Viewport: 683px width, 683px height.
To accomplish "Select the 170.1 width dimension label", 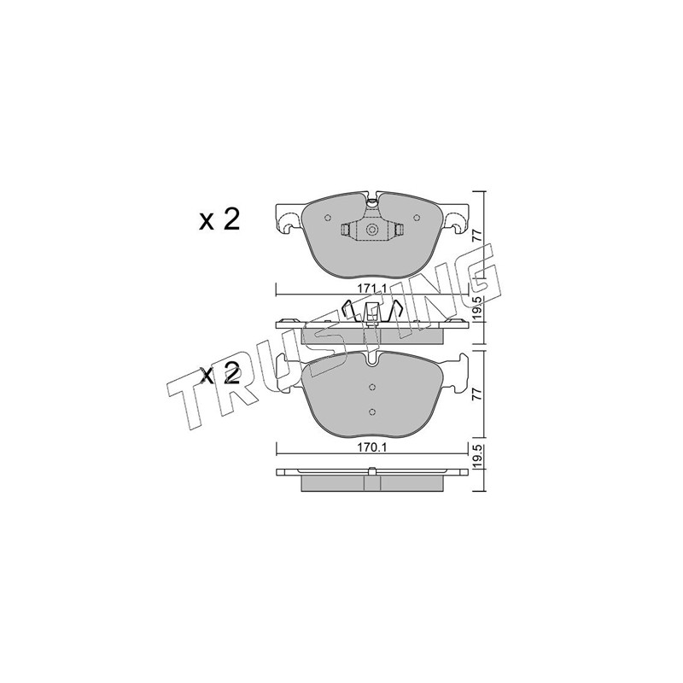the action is pyautogui.click(x=372, y=447).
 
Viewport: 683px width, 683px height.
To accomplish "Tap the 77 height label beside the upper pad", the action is pyautogui.click(x=477, y=236).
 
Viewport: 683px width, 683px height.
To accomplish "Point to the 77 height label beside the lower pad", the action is pyautogui.click(x=477, y=394).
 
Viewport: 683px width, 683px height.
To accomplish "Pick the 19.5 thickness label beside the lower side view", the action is pyautogui.click(x=477, y=455).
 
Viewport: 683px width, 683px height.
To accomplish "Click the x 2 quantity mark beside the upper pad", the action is pyautogui.click(x=219, y=220).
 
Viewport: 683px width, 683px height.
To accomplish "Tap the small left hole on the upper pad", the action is pyautogui.click(x=328, y=219).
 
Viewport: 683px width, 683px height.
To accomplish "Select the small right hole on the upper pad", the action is pyautogui.click(x=417, y=219).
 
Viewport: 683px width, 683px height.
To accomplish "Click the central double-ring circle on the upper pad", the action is pyautogui.click(x=372, y=230).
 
